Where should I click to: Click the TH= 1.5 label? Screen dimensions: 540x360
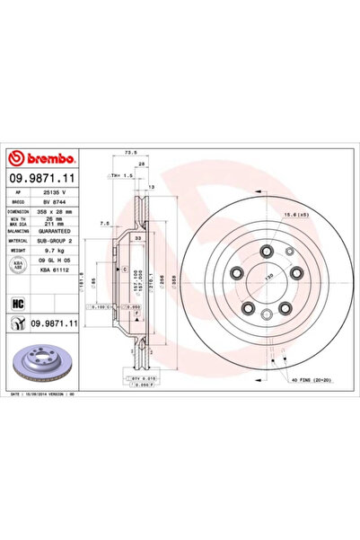(121, 176)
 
